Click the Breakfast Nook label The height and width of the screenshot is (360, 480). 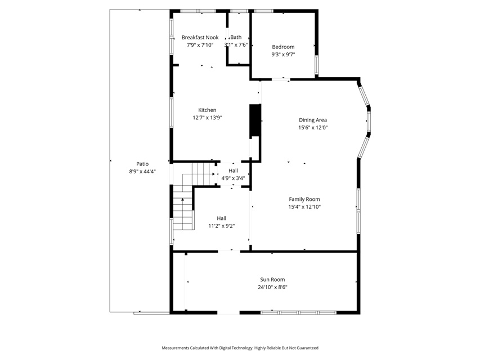coord(200,37)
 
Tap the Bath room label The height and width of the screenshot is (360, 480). coord(236,37)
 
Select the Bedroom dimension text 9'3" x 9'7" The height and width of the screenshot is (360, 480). coord(283,55)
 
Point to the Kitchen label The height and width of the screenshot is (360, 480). coord(207,110)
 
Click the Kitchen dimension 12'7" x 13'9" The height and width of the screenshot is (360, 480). coord(207,118)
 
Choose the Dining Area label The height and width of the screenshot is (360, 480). coord(313,120)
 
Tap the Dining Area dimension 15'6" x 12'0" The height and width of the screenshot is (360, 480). coord(313,128)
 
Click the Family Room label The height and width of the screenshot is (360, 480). coord(304,199)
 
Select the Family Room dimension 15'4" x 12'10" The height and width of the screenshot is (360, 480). coord(304,206)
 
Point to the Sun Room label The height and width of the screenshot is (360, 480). coord(272,280)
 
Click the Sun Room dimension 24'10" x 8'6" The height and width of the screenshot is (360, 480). coord(272,287)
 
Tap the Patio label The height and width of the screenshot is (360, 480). coord(142,164)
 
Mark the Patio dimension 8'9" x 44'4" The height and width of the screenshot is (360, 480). coord(142,172)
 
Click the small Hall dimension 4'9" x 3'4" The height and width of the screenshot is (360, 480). coord(234,178)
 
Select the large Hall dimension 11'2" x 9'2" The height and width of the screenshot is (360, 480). coord(222,226)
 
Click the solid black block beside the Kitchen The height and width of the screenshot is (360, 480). coord(255,120)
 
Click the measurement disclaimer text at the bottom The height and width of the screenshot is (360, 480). coord(240,348)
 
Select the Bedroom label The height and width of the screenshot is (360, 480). coord(283,47)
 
